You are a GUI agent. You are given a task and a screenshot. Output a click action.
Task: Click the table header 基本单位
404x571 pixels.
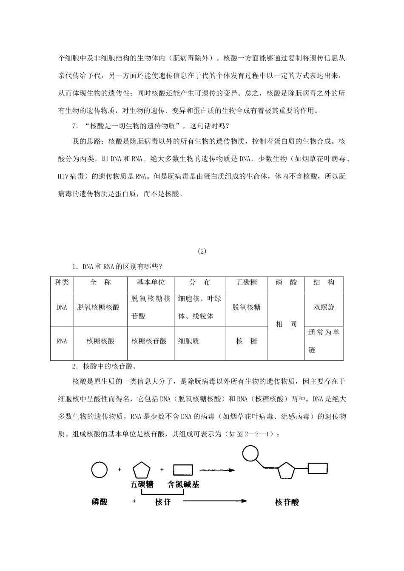click(151, 283)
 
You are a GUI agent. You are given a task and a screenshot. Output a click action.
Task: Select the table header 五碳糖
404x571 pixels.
click(246, 283)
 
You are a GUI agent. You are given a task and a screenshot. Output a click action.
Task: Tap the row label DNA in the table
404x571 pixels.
click(62, 307)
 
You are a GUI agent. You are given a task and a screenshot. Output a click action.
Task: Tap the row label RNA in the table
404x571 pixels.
click(62, 341)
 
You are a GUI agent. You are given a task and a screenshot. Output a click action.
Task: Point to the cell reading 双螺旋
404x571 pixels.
click(324, 307)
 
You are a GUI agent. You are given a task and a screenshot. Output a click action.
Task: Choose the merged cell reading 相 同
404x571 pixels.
click(286, 325)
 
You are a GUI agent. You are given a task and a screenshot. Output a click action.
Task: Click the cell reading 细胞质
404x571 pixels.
click(188, 341)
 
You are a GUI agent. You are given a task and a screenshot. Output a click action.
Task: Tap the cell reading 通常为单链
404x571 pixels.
click(324, 341)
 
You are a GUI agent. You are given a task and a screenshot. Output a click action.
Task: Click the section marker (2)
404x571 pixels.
click(202, 251)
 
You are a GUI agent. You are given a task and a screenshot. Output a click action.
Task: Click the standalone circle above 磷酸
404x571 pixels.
click(99, 469)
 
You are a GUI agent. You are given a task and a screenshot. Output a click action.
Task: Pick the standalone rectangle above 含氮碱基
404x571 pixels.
click(183, 470)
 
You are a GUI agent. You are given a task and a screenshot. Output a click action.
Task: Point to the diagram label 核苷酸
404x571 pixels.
click(287, 503)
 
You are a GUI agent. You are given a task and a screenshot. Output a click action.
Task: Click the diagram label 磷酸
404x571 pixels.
click(99, 502)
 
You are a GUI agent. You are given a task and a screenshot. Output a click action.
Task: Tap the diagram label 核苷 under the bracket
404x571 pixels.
click(162, 502)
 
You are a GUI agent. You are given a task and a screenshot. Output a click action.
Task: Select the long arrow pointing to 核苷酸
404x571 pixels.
click(215, 501)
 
